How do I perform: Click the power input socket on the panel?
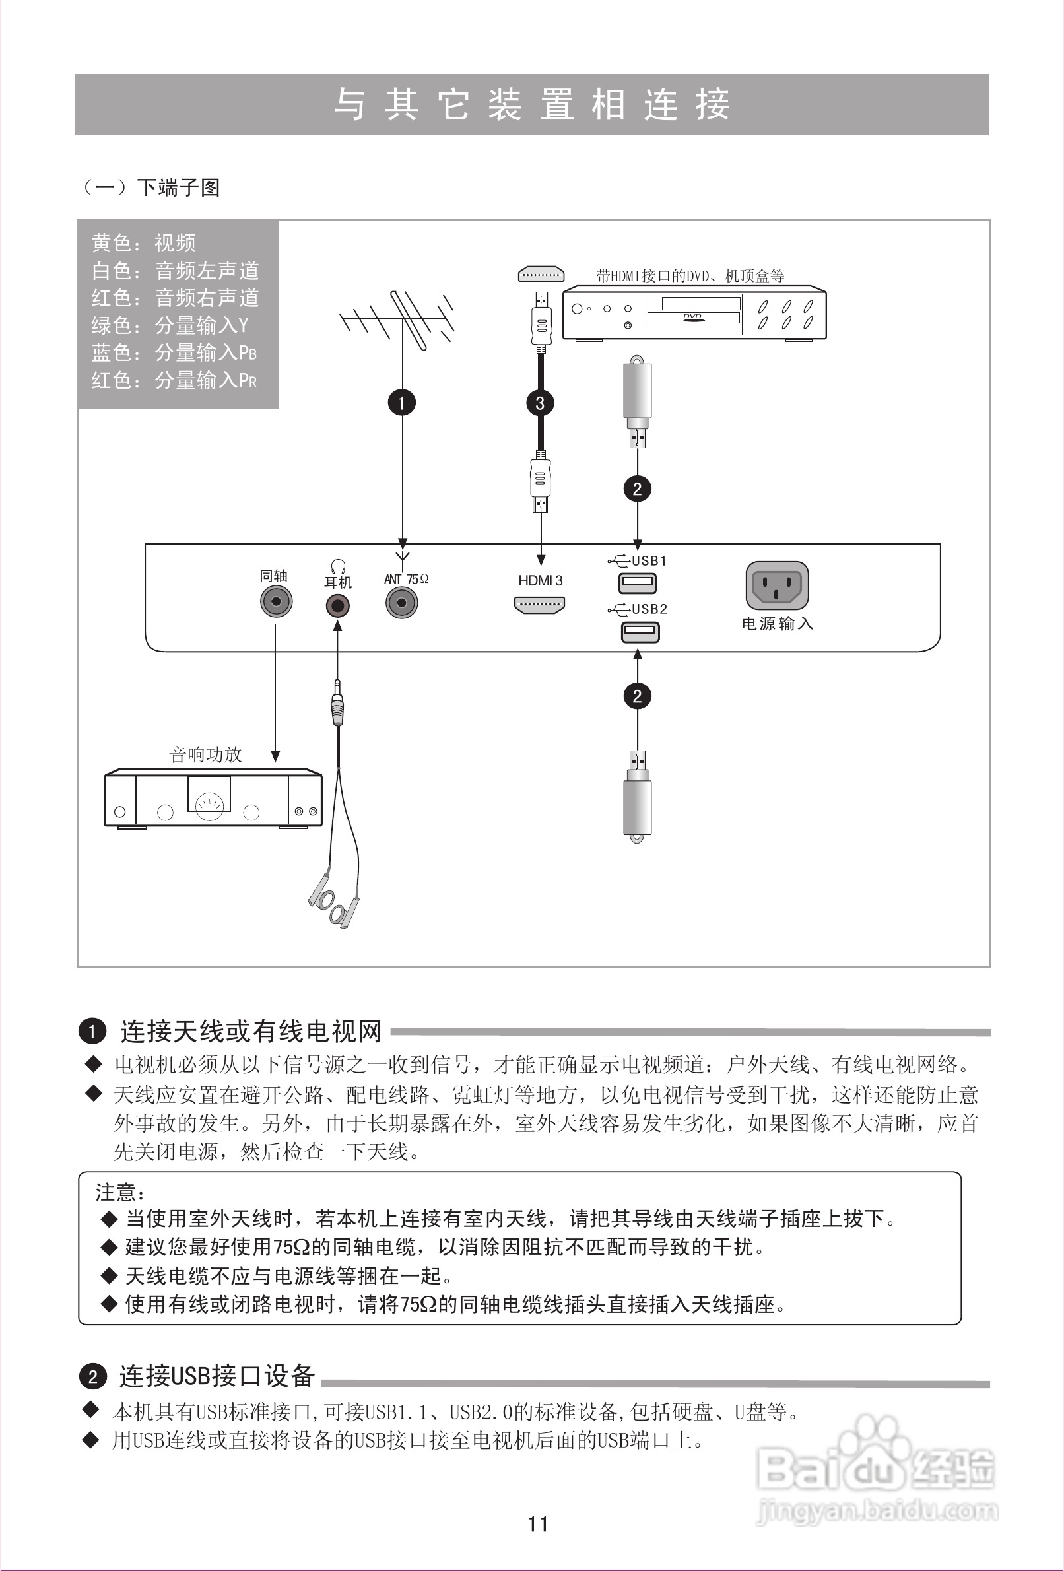(777, 585)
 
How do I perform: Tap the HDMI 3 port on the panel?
(539, 605)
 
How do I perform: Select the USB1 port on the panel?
(638, 582)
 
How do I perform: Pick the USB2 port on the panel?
(640, 632)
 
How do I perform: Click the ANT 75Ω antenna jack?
(401, 601)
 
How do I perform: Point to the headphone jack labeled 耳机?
(337, 605)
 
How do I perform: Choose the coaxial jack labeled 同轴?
(276, 601)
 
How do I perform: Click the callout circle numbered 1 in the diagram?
(401, 403)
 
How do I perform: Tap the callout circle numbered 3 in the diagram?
(539, 403)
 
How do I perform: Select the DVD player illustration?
(694, 313)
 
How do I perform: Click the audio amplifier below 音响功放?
(213, 797)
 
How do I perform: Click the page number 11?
(538, 1523)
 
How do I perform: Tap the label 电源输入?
(778, 623)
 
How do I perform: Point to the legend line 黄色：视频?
(143, 243)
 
